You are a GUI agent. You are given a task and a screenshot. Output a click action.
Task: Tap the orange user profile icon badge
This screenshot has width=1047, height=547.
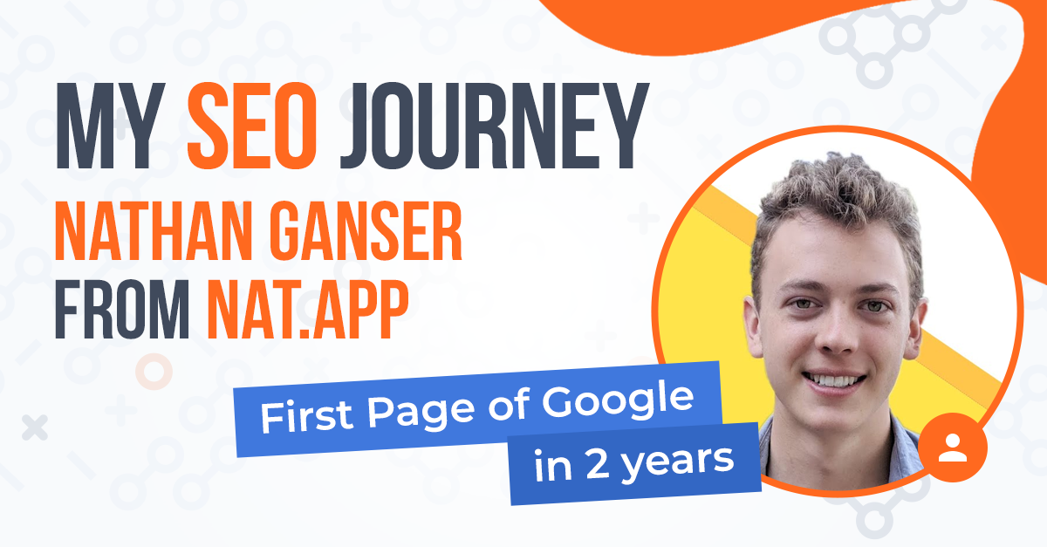click(952, 447)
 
